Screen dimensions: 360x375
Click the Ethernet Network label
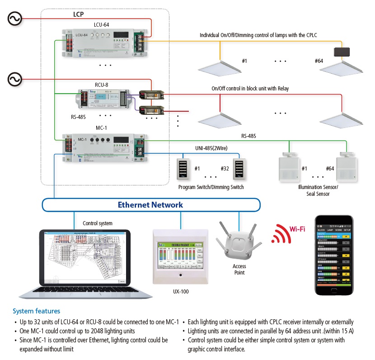pos(150,205)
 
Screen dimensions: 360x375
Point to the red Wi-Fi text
pos(297,229)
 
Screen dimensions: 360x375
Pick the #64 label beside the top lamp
pos(319,61)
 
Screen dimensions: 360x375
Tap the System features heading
pos(36,311)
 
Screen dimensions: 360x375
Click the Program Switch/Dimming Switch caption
pos(211,187)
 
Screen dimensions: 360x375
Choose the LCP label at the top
pos(79,14)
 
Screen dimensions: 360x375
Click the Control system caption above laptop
pos(98,223)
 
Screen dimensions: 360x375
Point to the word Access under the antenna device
pos(239,266)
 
